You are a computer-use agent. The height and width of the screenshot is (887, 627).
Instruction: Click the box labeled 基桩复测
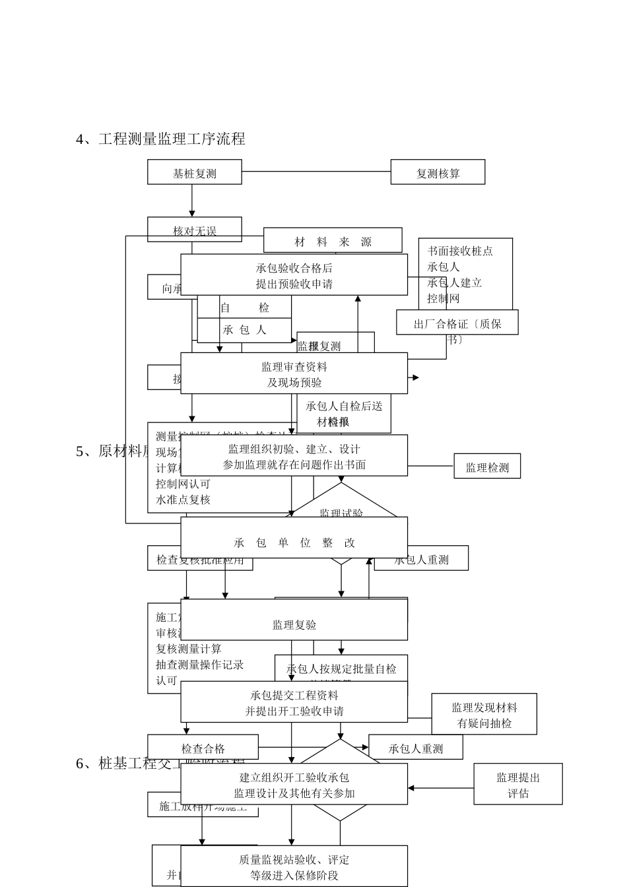(194, 173)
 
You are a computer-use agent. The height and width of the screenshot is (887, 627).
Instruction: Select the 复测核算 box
(438, 172)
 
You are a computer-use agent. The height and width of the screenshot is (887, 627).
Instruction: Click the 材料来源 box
(333, 241)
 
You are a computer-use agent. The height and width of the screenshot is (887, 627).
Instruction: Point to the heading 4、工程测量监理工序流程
(161, 139)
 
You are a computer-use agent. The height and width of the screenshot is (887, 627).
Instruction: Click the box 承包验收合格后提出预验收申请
(294, 275)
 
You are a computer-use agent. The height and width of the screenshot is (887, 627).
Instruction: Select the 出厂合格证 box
(457, 323)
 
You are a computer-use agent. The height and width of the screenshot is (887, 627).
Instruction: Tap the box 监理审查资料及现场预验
(294, 374)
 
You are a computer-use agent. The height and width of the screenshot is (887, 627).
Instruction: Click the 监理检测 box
(487, 467)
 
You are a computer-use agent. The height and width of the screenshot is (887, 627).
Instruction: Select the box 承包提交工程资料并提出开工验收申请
(294, 702)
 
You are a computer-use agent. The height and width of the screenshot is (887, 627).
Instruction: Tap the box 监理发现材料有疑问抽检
(484, 714)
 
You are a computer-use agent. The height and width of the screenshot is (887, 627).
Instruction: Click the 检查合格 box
(203, 747)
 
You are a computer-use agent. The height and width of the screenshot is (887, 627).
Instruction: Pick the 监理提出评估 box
(517, 784)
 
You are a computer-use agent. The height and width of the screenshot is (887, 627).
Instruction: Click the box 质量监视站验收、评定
(294, 867)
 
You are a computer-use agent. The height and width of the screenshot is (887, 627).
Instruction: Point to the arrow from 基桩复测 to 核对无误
(192, 201)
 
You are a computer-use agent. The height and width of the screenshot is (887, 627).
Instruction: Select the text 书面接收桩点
(460, 251)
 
